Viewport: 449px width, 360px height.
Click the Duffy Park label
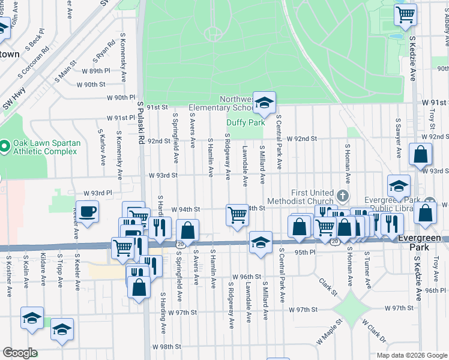pyautogui.click(x=246, y=122)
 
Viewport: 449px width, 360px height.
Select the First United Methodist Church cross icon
pyautogui.click(x=342, y=196)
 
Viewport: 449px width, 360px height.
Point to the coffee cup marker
pyautogui.click(x=88, y=213)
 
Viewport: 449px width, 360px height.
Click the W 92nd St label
pyautogui.click(x=301, y=139)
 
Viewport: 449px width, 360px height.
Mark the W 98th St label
pyautogui.click(x=166, y=347)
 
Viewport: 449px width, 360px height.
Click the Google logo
pyautogui.click(x=20, y=353)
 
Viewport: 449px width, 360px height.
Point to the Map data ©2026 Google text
pyautogui.click(x=411, y=355)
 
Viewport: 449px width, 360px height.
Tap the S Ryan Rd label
pyautogui.click(x=104, y=53)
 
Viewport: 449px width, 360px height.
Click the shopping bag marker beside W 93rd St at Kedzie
pyautogui.click(x=421, y=154)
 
